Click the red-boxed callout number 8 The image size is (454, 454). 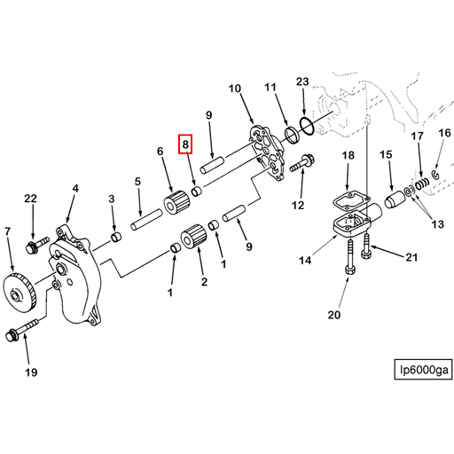click(185, 143)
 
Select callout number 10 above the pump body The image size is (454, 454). click(235, 89)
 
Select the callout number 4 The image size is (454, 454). click(75, 188)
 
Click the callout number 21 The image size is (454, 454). click(411, 258)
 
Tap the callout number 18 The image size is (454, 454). click(348, 155)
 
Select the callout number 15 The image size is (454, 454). click(387, 155)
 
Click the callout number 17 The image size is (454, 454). click(417, 136)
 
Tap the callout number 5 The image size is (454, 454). click(138, 182)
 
